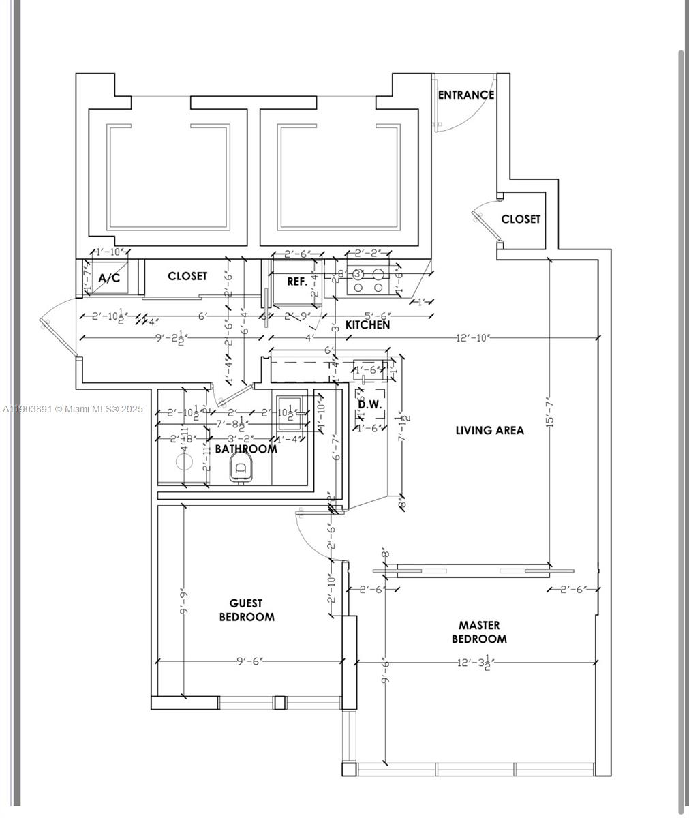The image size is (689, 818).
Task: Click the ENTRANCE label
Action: (x=465, y=95)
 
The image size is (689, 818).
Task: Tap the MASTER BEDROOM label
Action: (x=479, y=632)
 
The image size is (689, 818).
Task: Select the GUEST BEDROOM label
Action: (x=247, y=610)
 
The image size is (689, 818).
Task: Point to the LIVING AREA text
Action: (x=489, y=430)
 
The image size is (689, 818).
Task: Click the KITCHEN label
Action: (x=368, y=325)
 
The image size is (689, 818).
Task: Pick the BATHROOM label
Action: (x=246, y=449)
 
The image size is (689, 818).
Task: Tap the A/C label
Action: (x=109, y=278)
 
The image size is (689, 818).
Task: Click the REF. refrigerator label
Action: (x=296, y=281)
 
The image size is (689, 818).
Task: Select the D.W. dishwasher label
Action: (x=370, y=404)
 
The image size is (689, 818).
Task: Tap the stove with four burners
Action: (x=368, y=280)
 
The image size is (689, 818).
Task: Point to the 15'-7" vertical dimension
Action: (x=550, y=412)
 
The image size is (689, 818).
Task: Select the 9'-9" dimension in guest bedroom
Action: (x=184, y=601)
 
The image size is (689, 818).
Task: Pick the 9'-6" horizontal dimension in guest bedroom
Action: (x=249, y=661)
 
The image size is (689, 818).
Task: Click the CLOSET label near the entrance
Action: (x=521, y=219)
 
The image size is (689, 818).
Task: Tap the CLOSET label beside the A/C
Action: (x=187, y=276)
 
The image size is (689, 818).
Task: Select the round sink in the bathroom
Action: (x=185, y=461)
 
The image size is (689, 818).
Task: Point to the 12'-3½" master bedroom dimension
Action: (x=474, y=662)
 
